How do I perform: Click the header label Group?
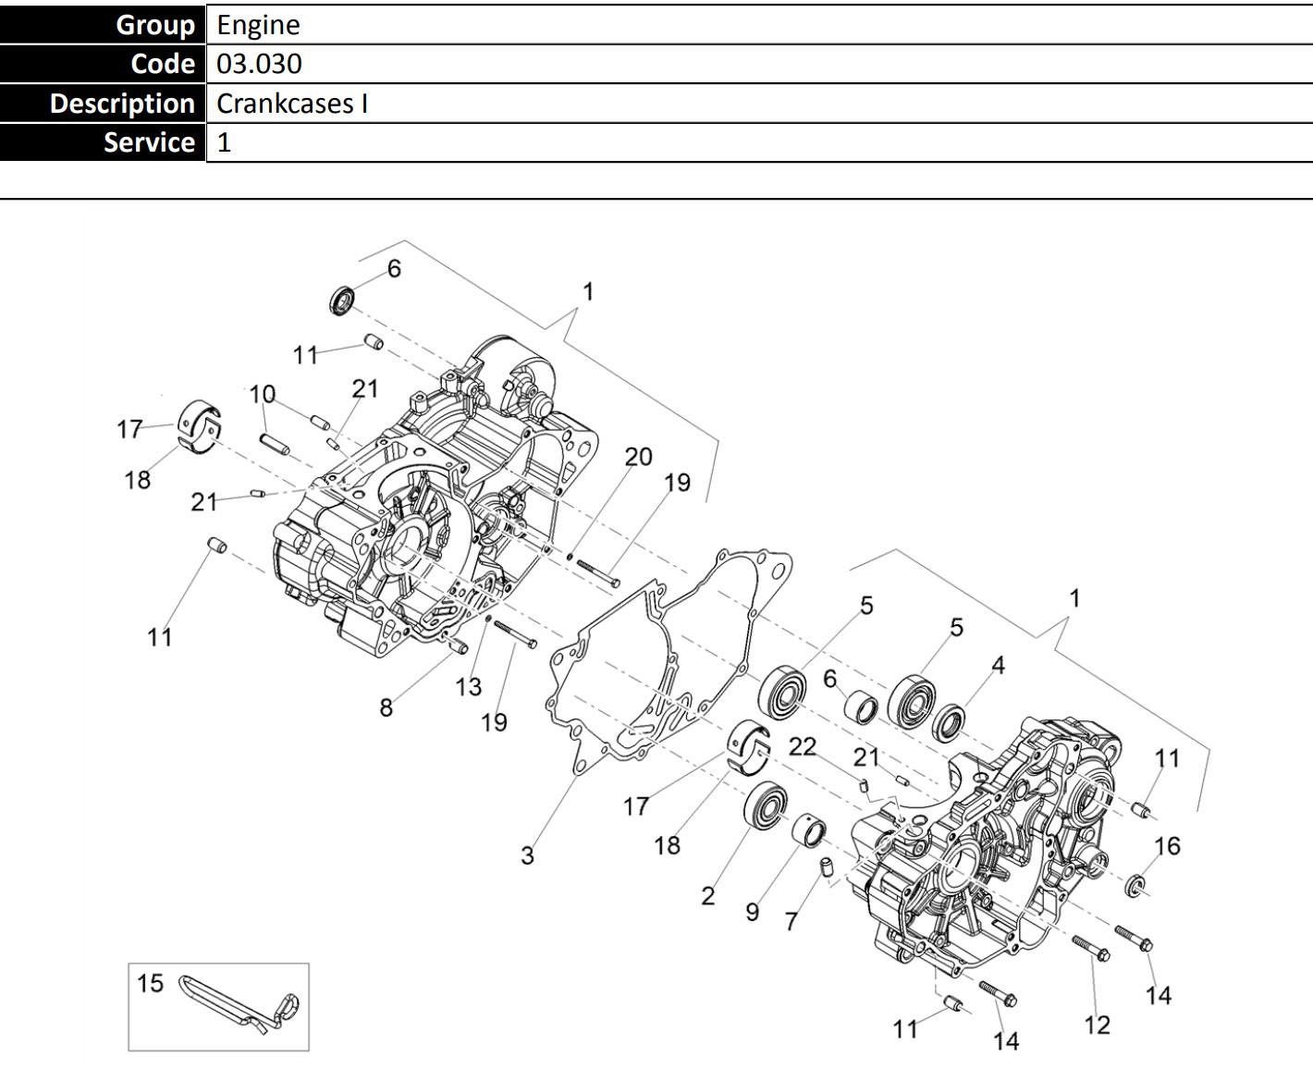click(154, 25)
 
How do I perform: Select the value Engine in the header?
click(258, 25)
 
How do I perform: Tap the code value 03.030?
click(259, 64)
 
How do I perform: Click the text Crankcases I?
click(292, 103)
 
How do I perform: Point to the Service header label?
click(149, 142)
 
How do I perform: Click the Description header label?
click(121, 103)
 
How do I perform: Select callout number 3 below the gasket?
click(527, 855)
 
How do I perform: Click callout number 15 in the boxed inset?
click(150, 982)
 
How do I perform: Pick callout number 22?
click(803, 746)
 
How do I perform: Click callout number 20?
click(638, 457)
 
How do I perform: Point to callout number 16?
click(1167, 845)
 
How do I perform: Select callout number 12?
click(1097, 1025)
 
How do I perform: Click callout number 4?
click(998, 665)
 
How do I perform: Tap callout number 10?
click(263, 394)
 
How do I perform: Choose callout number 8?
click(386, 707)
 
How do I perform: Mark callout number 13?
click(469, 687)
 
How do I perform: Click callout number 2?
click(707, 895)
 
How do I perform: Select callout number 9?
click(752, 912)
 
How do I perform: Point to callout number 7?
click(791, 921)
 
